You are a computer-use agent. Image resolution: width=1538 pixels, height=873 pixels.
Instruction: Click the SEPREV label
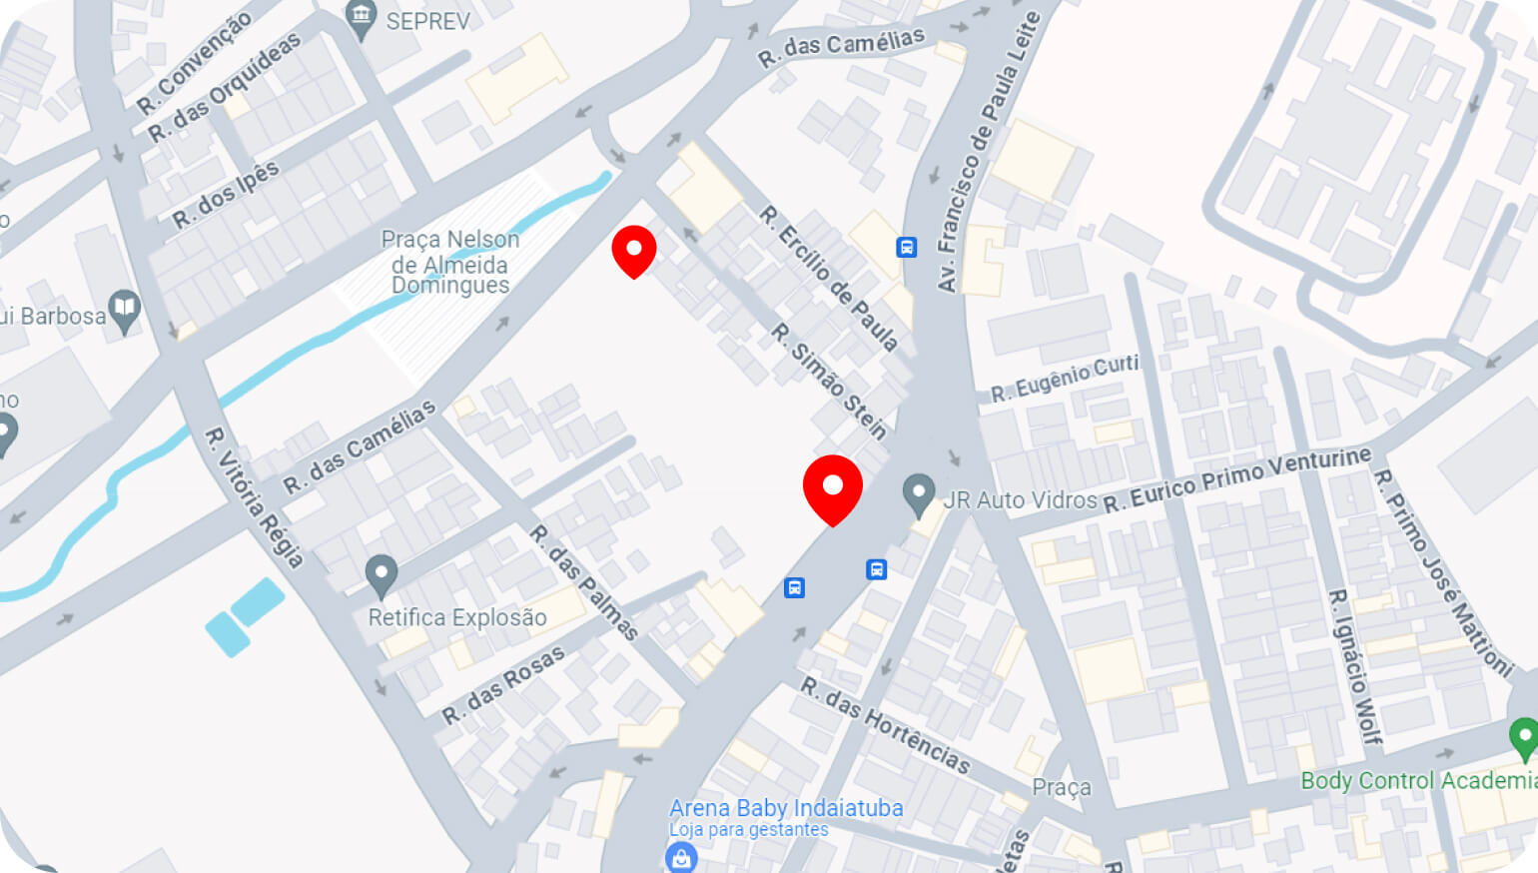(x=427, y=21)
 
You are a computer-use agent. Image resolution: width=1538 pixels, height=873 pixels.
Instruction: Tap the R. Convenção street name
(x=194, y=61)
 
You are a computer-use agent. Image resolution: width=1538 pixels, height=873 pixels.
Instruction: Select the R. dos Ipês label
(x=226, y=194)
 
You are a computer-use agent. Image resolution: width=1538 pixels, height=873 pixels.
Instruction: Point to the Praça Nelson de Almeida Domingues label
(x=450, y=263)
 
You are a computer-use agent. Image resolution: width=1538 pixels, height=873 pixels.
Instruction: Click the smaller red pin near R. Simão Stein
(x=634, y=249)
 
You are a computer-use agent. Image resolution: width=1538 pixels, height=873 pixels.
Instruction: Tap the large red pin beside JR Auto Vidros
(x=832, y=487)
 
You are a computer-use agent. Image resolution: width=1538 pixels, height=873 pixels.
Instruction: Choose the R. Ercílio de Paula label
(x=828, y=278)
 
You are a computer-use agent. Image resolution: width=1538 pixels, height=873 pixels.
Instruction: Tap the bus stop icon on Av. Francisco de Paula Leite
(x=907, y=247)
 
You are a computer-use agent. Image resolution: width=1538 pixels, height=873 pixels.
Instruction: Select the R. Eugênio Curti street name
(x=1065, y=378)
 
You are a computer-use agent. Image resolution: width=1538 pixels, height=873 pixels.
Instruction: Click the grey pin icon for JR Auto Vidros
(x=919, y=492)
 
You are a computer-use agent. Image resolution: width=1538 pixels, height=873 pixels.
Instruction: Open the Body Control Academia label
(x=1418, y=780)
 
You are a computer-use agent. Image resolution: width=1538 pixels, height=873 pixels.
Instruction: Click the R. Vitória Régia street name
(x=254, y=496)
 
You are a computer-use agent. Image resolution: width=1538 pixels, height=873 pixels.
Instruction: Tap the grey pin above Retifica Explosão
(x=381, y=575)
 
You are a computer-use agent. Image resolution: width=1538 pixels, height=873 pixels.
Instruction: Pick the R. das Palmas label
(x=583, y=581)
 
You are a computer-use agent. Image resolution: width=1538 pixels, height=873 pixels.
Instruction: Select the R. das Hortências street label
(x=885, y=724)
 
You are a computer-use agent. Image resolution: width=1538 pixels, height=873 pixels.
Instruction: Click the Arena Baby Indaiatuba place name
(x=786, y=808)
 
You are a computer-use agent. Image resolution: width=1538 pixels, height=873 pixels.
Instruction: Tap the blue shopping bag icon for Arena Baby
(x=681, y=857)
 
